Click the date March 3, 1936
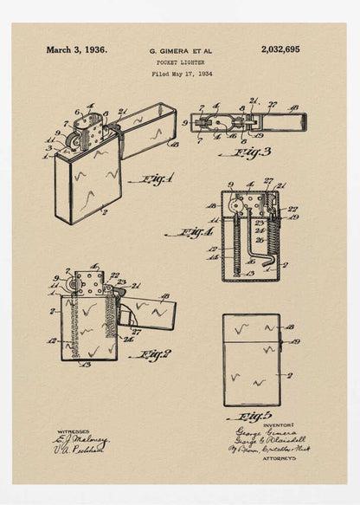77,50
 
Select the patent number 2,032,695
280,50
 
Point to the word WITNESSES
74,431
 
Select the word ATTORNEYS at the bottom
279,458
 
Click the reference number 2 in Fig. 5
289,375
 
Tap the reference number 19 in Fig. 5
293,341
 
